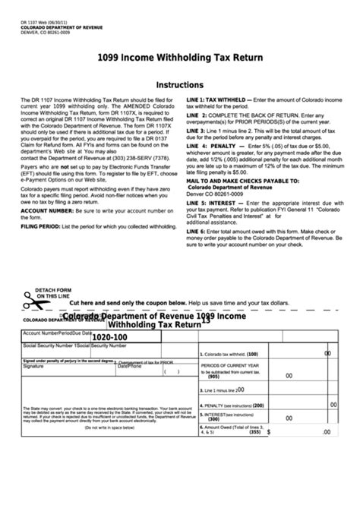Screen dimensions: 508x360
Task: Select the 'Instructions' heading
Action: [x=179, y=85]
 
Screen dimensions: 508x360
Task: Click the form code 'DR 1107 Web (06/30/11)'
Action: [x=48, y=22]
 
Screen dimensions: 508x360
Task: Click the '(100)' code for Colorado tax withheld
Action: [x=252, y=355]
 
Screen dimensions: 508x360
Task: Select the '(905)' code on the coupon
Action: [x=213, y=377]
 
